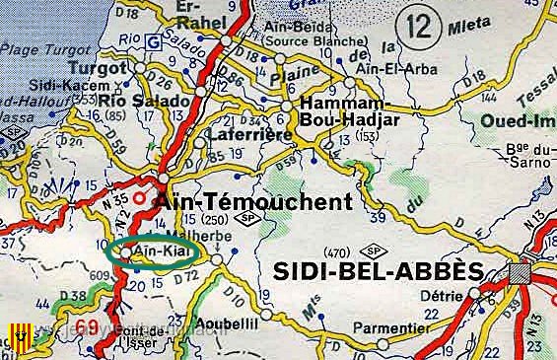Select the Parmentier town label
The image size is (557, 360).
pyautogui.click(x=394, y=327)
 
